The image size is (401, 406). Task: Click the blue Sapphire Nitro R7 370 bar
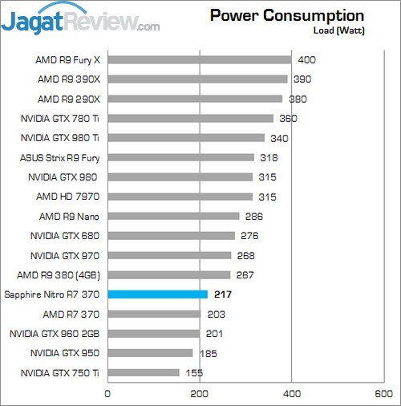[157, 294]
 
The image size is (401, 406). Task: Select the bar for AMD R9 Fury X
[199, 59]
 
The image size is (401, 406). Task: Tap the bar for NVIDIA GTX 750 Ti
[143, 372]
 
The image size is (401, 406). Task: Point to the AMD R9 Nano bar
[173, 216]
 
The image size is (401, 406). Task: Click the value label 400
[306, 59]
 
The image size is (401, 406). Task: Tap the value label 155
[194, 372]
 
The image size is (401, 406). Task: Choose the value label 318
[269, 157]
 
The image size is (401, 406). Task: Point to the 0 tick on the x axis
[107, 393]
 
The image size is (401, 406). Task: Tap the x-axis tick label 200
[200, 393]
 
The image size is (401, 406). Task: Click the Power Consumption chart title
[286, 16]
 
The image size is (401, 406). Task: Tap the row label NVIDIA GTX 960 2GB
[55, 334]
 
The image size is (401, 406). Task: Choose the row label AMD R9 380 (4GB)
[59, 275]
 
